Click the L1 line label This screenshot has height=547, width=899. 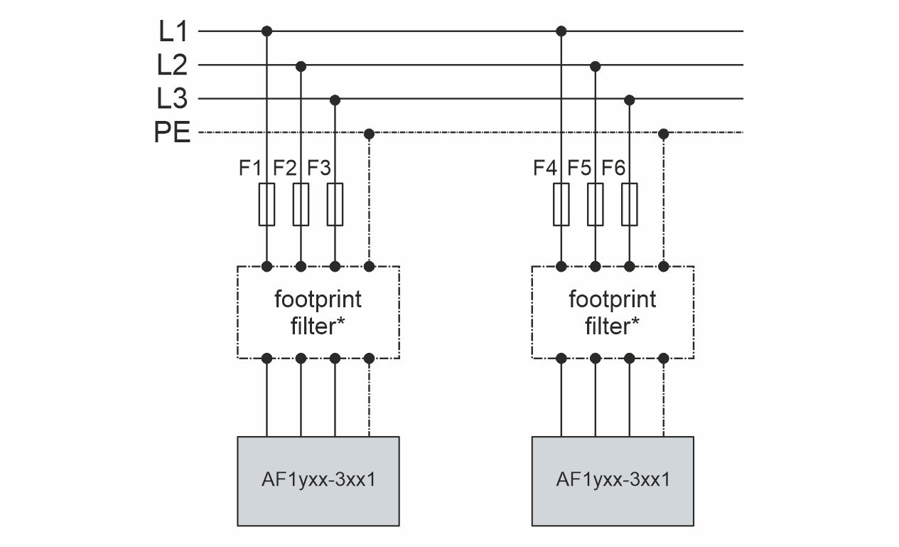pos(173,31)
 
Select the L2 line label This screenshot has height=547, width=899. pos(173,65)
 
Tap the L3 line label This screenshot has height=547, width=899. pos(173,99)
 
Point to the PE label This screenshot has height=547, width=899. pos(173,133)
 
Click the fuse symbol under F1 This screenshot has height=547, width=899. pos(267,204)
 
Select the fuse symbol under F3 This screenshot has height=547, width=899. pos(335,204)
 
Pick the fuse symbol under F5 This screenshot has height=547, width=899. pos(596,204)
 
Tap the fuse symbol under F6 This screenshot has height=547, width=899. pos(629,204)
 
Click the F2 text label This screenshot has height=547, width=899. pos(284,169)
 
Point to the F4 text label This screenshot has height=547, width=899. pos(545,169)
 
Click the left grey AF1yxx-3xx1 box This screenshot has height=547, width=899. pos(318,481)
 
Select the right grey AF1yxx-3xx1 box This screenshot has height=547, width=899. pos(613,481)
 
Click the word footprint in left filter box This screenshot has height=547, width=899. pos(318,299)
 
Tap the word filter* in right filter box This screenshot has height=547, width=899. pos(613,326)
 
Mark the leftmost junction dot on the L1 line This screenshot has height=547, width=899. pos(267,31)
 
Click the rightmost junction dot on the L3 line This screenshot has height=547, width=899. pos(629,99)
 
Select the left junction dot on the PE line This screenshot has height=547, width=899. pos(368,133)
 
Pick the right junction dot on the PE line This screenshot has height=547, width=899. pos(663,133)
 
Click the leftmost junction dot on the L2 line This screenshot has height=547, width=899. pos(301,65)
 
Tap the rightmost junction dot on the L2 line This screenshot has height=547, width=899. pos(596,65)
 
